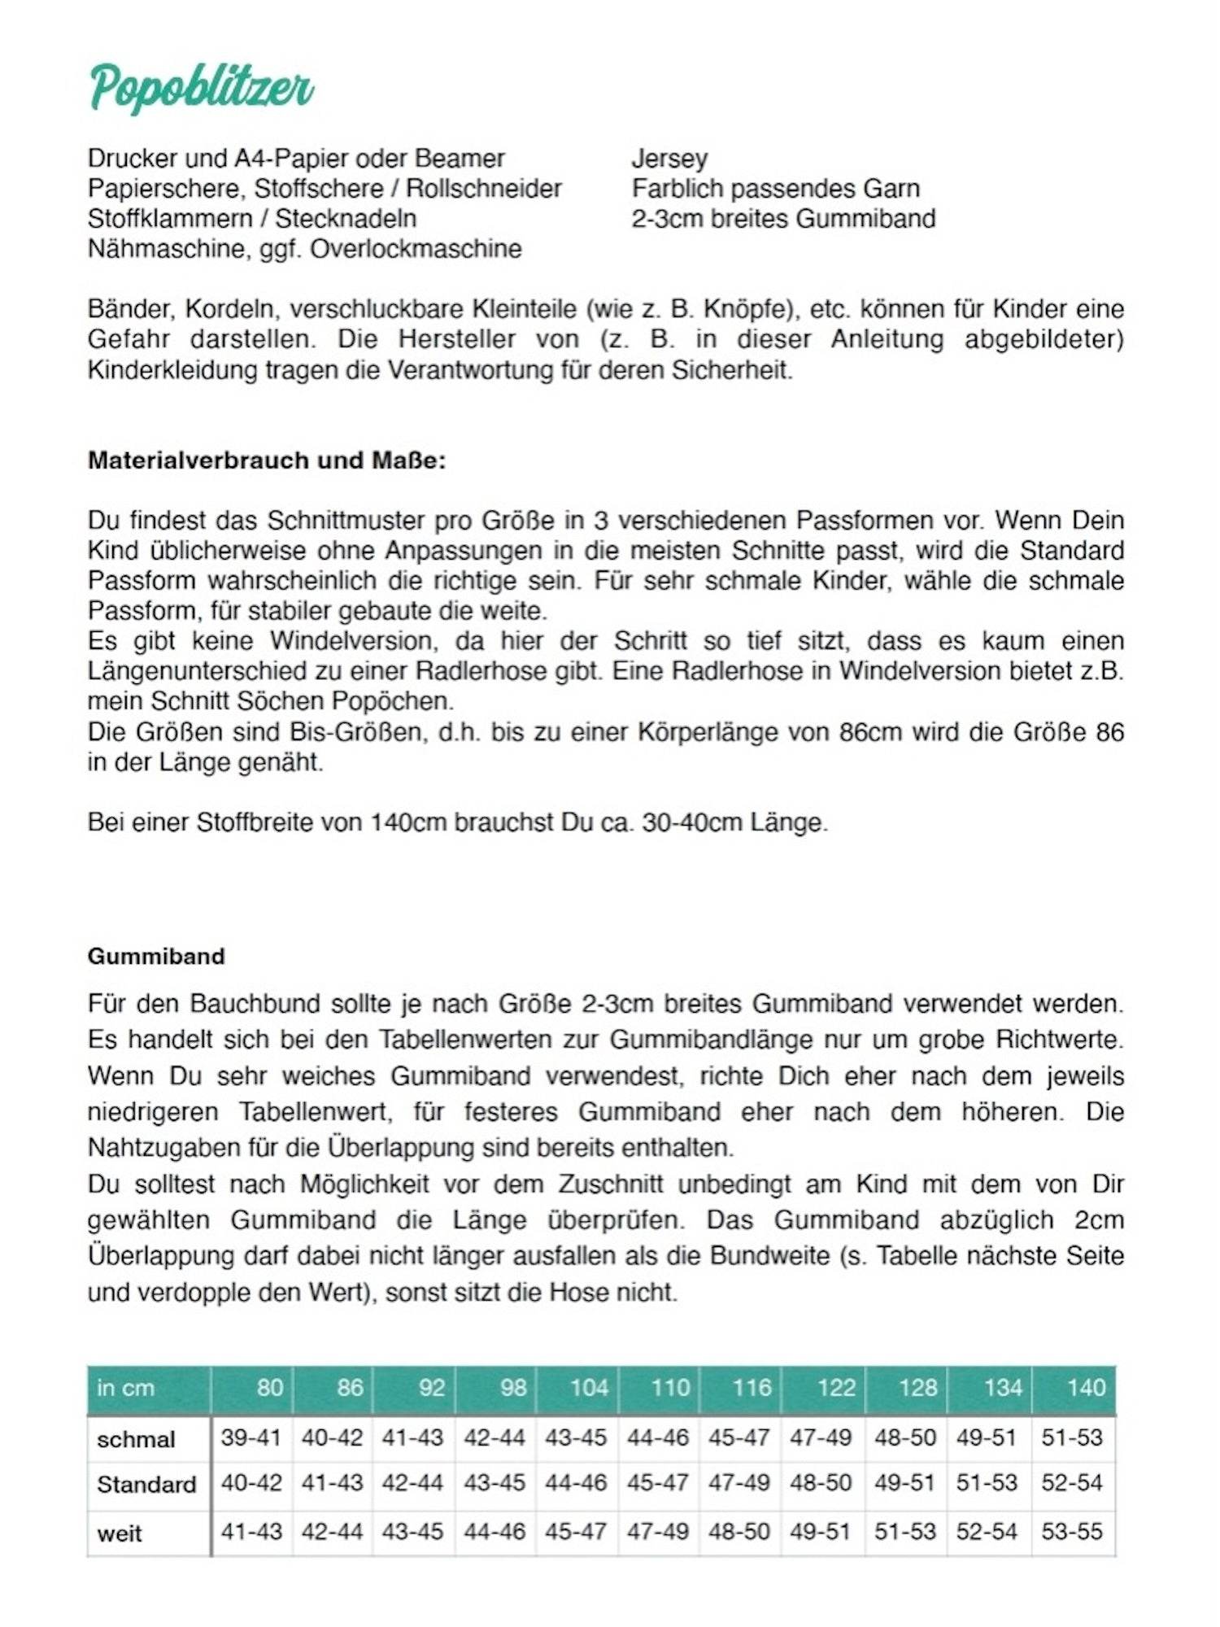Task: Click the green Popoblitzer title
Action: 201,88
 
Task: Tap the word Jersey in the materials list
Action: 669,158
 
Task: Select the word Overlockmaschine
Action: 416,248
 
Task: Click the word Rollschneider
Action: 484,188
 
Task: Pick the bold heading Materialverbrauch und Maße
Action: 267,460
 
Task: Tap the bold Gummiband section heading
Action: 156,956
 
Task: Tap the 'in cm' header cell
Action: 125,1388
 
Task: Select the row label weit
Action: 120,1533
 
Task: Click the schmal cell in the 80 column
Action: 251,1437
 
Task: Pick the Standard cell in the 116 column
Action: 739,1483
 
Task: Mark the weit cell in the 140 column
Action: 1071,1532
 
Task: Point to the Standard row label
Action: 146,1485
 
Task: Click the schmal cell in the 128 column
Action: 904,1437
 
